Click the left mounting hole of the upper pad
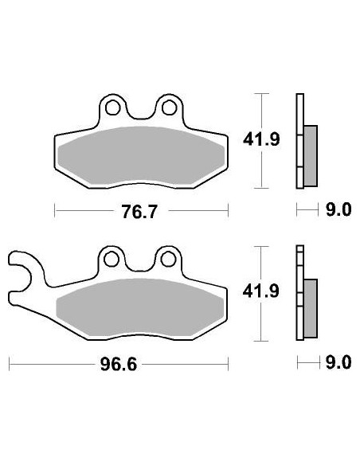click(x=112, y=106)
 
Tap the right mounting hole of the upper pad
click(x=168, y=106)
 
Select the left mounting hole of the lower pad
click(x=112, y=258)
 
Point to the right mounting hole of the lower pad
click(x=168, y=258)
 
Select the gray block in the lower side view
click(x=311, y=307)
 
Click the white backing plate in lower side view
click(x=299, y=295)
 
